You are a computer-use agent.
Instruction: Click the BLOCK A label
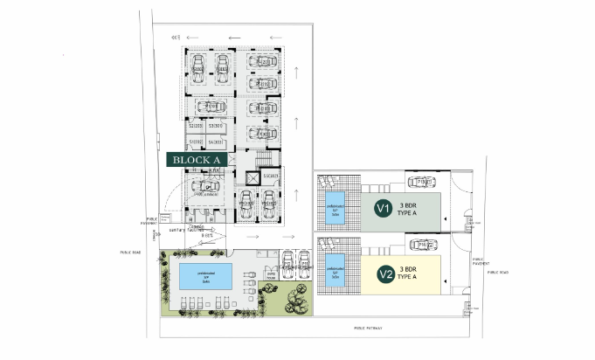click(197, 160)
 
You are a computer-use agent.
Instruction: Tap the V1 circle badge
click(382, 208)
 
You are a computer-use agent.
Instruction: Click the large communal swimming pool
click(206, 277)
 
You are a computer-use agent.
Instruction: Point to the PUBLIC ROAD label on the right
click(499, 272)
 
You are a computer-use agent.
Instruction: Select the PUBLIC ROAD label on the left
click(130, 252)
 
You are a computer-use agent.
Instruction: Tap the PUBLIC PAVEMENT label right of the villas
click(479, 260)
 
